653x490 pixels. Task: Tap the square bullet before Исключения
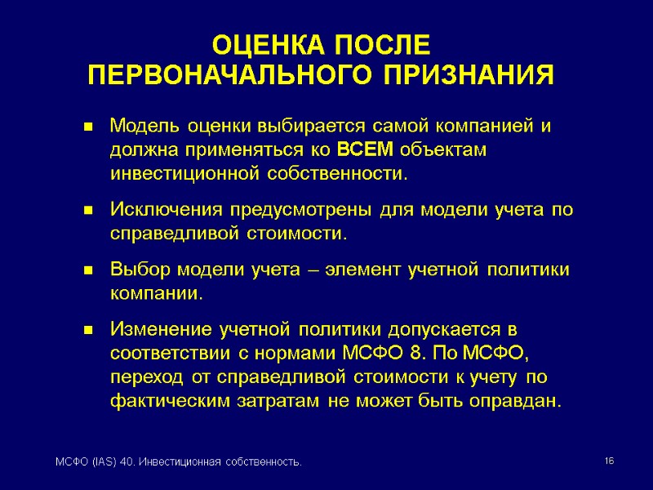pos(87,211)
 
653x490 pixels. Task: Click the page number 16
pos(609,462)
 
